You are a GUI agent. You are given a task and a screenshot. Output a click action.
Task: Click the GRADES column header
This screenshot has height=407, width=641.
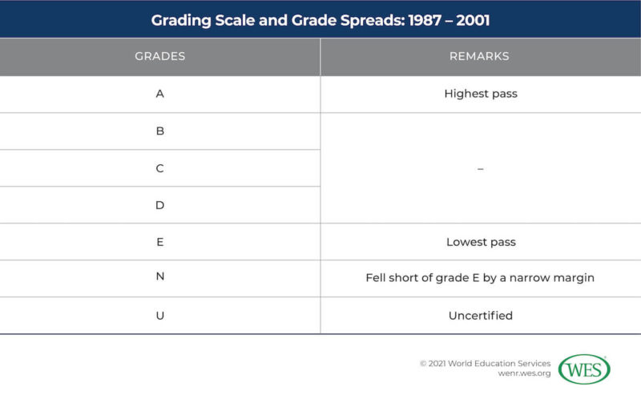click(x=159, y=57)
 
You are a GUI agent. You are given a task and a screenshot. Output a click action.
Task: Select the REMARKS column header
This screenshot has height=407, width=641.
click(x=480, y=57)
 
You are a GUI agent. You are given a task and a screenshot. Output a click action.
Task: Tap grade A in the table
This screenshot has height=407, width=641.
click(x=159, y=94)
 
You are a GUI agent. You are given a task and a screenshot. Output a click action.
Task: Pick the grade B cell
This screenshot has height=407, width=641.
click(x=159, y=131)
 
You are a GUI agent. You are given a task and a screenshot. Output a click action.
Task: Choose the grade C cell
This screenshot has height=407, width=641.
click(x=159, y=168)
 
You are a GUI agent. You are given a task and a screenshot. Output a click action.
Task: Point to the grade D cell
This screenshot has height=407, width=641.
click(x=159, y=205)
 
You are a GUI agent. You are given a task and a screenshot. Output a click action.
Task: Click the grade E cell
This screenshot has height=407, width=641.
click(x=159, y=242)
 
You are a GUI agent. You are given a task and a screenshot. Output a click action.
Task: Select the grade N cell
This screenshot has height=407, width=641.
click(x=159, y=279)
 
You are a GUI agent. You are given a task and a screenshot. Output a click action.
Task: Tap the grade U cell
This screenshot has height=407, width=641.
click(x=159, y=316)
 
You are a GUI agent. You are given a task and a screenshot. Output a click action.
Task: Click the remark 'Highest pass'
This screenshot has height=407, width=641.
click(x=481, y=94)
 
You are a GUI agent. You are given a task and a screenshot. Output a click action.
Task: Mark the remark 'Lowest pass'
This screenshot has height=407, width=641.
click(x=481, y=242)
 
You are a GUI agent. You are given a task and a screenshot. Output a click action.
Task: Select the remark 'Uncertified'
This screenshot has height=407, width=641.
click(x=481, y=316)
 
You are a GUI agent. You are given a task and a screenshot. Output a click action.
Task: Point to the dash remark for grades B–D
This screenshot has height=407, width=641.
click(x=481, y=168)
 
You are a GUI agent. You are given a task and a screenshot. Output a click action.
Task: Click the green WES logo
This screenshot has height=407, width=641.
click(x=584, y=369)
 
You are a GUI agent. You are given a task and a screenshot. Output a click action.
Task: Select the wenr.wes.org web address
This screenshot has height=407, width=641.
click(x=524, y=374)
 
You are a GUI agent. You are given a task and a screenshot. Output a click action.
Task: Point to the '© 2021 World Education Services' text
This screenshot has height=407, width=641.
click(x=485, y=363)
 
